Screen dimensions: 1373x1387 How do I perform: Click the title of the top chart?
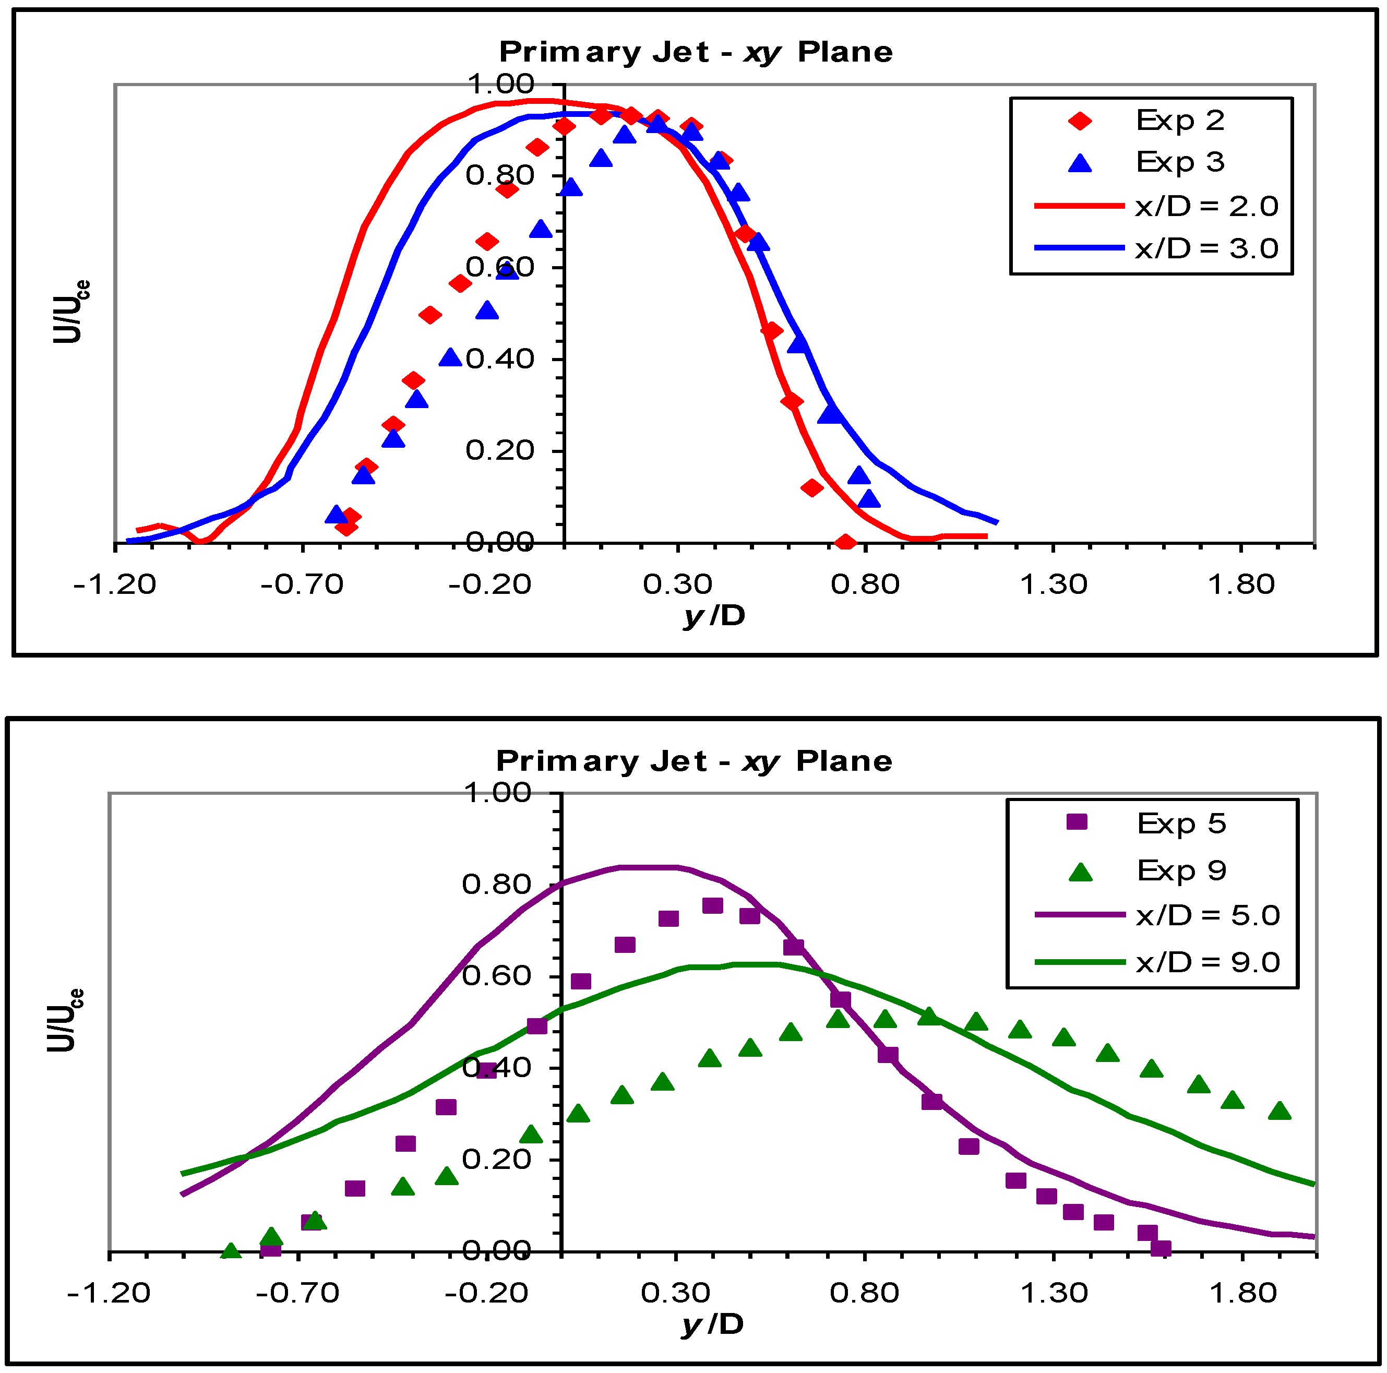(696, 52)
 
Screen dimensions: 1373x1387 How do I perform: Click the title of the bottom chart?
(693, 761)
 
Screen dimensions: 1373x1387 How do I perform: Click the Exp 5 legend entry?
(1181, 823)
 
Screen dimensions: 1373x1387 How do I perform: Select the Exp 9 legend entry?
(1181, 870)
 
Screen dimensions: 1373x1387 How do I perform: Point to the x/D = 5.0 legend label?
(1207, 915)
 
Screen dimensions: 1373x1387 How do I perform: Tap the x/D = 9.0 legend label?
(1207, 962)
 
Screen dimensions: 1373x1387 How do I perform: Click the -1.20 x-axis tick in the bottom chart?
(109, 1293)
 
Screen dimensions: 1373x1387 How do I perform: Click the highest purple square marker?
(711, 905)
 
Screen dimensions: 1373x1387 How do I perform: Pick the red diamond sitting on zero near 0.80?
(845, 542)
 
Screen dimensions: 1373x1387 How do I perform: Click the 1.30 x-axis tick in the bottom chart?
(1053, 1293)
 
